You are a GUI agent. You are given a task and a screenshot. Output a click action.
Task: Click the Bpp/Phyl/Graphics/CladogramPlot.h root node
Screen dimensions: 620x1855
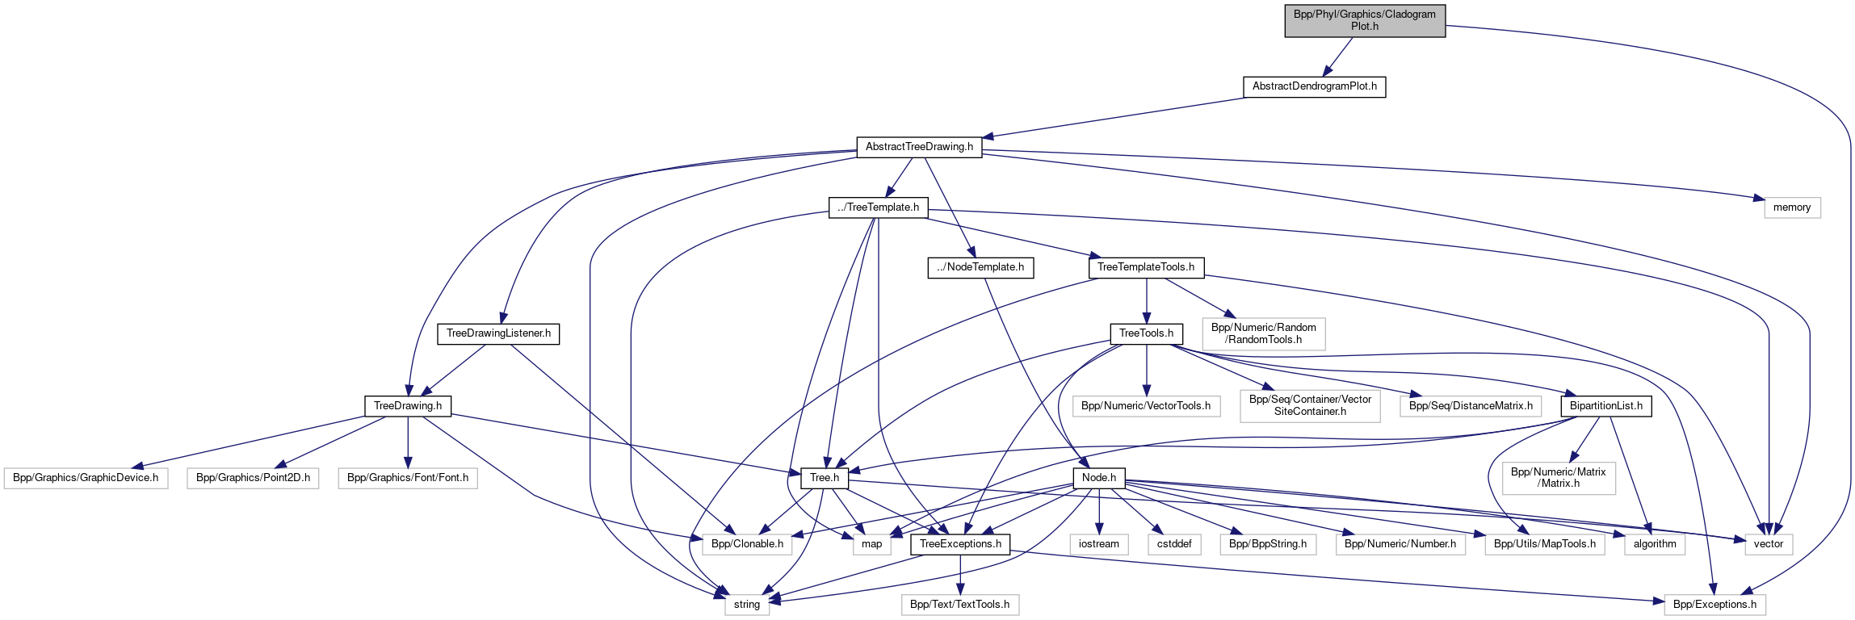[1364, 20]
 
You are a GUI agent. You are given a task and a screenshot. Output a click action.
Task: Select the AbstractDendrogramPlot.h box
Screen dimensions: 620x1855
[1314, 86]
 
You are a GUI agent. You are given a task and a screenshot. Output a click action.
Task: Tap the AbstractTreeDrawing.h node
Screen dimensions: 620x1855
[919, 147]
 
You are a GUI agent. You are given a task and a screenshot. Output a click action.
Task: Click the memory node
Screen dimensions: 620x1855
[1791, 207]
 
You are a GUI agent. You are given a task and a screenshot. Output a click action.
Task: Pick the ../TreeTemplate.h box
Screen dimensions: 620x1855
[878, 207]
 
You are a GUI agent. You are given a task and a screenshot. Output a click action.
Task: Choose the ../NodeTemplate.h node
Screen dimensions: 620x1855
[980, 267]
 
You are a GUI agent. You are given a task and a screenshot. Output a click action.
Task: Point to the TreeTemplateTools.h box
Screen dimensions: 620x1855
[1145, 267]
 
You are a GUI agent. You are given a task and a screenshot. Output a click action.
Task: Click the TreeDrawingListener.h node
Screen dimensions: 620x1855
[498, 333]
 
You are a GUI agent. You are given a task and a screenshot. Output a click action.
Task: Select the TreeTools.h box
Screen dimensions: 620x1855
[1146, 333]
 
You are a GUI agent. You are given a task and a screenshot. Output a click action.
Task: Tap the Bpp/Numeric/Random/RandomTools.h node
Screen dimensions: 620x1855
[1263, 333]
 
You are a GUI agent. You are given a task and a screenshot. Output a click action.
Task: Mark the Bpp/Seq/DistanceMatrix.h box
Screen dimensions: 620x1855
[1470, 406]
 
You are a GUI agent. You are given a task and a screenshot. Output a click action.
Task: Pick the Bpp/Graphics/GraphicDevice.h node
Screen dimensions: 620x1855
[86, 478]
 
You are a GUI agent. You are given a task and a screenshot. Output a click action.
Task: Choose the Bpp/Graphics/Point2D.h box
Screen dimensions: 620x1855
[253, 478]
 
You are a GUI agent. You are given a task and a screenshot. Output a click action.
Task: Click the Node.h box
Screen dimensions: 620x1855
[1098, 478]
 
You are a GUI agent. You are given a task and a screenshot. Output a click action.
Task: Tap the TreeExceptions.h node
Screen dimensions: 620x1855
[959, 544]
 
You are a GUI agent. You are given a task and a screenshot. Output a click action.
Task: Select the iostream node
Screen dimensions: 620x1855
[1098, 544]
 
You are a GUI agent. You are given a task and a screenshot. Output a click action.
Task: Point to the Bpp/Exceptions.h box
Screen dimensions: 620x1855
[1714, 605]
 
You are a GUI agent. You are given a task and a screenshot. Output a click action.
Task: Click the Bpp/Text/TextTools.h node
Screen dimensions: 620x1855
[959, 605]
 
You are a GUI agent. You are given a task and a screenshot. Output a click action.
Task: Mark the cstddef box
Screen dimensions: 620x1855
[1174, 544]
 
